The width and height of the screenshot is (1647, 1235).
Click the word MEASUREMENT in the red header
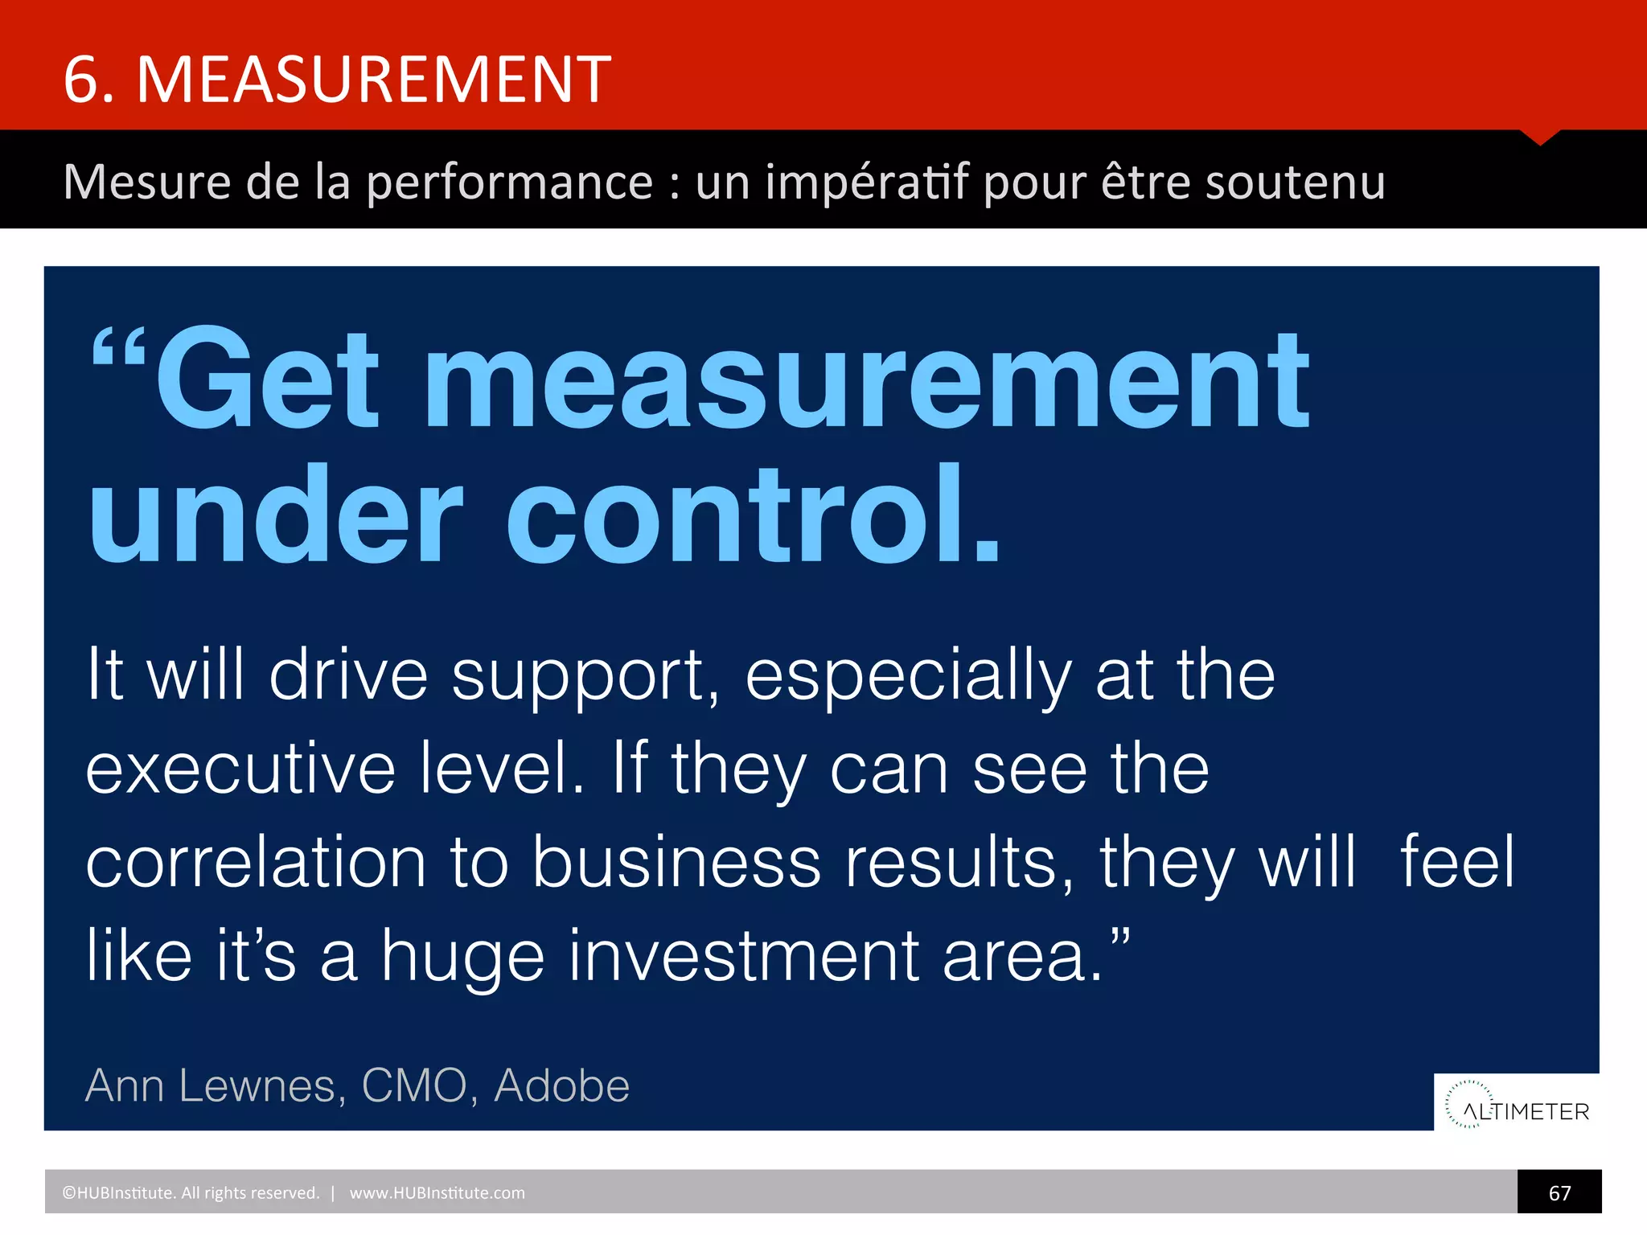[374, 80]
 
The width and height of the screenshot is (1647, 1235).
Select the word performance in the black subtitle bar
[510, 183]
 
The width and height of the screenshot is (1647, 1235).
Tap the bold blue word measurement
[867, 383]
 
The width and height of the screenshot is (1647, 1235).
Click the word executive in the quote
[240, 769]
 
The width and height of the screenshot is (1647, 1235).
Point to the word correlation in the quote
[256, 862]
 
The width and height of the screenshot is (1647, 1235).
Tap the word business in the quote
[676, 862]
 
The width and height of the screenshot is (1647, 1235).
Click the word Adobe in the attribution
[561, 1086]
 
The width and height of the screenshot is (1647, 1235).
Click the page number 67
[1559, 1193]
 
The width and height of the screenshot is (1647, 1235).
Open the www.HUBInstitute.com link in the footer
[437, 1193]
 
